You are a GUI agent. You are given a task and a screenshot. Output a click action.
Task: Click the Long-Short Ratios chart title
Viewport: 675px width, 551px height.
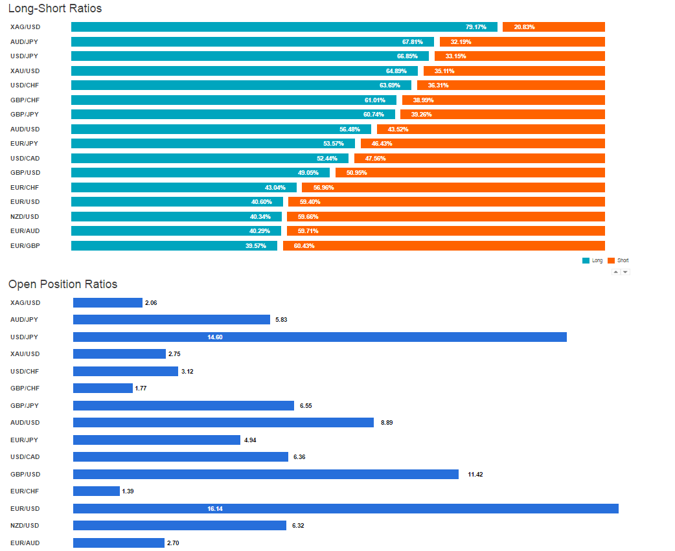click(x=55, y=9)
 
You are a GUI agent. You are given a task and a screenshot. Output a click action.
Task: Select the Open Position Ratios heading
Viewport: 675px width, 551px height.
click(x=63, y=284)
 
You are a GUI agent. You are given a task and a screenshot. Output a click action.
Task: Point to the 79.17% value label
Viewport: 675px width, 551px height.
click(x=475, y=27)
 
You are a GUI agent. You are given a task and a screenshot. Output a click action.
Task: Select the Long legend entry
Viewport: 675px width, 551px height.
click(x=593, y=260)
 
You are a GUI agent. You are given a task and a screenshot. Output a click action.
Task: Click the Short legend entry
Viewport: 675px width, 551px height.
click(x=619, y=260)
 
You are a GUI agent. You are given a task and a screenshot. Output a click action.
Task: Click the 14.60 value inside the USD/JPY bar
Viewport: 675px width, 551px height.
click(x=215, y=337)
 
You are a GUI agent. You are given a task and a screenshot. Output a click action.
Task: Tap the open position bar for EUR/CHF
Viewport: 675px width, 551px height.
click(x=97, y=491)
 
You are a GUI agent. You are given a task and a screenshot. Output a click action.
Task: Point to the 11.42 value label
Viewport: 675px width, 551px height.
click(x=475, y=475)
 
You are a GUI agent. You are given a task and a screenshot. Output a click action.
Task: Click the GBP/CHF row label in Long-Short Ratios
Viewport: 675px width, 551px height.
click(x=25, y=100)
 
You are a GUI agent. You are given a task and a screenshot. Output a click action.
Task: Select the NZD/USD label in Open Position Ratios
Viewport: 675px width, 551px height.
click(x=25, y=526)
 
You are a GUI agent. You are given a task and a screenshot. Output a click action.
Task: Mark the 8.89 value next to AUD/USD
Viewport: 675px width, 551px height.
click(x=387, y=423)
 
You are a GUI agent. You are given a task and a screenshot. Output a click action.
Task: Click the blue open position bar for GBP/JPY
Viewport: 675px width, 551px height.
click(x=183, y=406)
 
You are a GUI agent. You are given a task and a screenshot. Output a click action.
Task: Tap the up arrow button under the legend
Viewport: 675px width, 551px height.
click(x=616, y=272)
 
